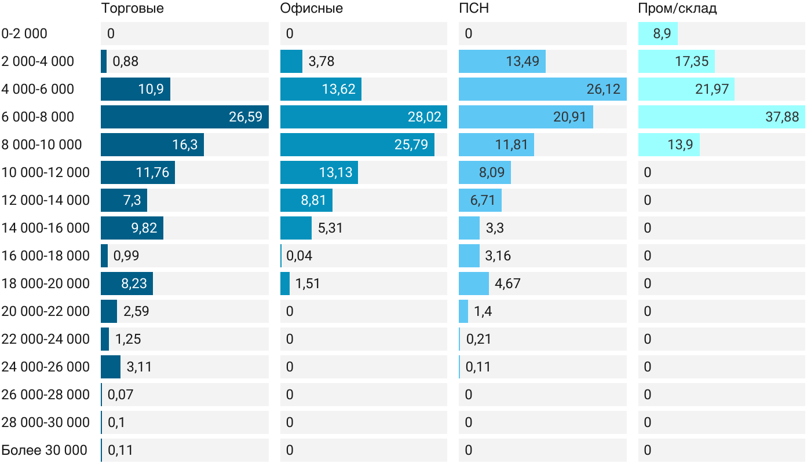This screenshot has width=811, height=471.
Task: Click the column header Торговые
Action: (x=132, y=8)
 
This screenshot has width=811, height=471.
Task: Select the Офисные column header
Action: (x=311, y=8)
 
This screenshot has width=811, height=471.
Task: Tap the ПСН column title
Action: (x=470, y=8)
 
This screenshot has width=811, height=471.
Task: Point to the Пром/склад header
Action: (x=677, y=8)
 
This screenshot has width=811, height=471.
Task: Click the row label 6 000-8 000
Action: (x=38, y=117)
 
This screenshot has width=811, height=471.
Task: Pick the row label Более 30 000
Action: (x=44, y=450)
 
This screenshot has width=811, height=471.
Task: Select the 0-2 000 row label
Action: (x=24, y=34)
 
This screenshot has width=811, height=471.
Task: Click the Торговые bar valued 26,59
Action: (x=184, y=117)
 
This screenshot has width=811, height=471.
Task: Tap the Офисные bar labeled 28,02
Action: (x=363, y=117)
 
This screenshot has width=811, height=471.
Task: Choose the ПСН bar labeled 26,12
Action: (x=542, y=89)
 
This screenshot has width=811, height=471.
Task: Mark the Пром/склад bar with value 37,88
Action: (x=721, y=117)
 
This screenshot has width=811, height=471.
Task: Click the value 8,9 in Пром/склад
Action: (x=662, y=34)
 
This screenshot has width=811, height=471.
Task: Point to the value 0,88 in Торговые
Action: (x=126, y=61)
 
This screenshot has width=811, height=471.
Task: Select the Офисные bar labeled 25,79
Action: (x=357, y=145)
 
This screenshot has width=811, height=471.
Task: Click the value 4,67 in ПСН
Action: (x=508, y=284)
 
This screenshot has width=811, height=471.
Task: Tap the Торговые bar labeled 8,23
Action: (x=126, y=284)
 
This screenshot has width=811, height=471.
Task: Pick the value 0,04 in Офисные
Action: (x=299, y=256)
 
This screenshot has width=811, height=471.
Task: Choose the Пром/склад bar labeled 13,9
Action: (x=668, y=145)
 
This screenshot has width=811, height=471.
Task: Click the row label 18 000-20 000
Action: (x=46, y=284)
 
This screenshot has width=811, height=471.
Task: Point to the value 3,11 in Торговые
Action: (x=140, y=367)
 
